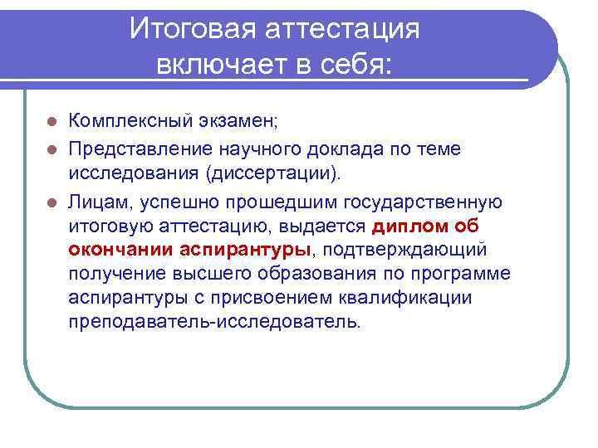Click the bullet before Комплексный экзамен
[51, 123]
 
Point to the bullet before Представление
[51, 149]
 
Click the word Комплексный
[130, 123]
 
